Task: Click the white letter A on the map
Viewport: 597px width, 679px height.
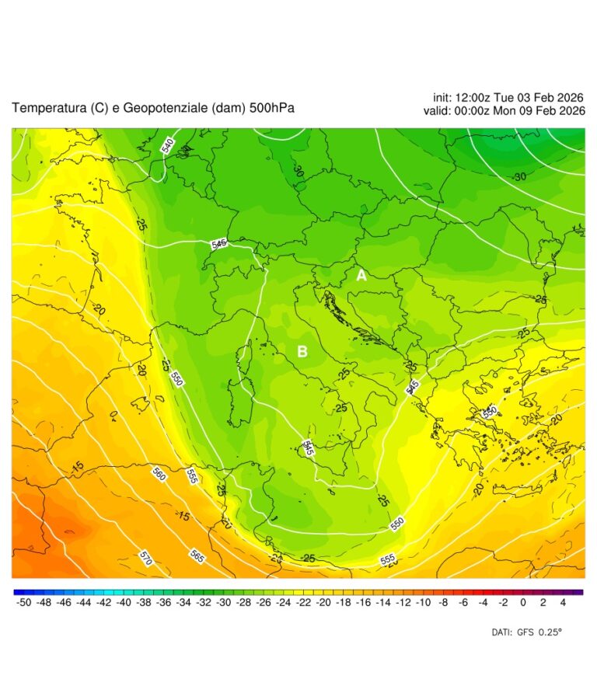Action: pyautogui.click(x=361, y=275)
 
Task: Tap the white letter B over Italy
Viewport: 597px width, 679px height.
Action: pyautogui.click(x=302, y=352)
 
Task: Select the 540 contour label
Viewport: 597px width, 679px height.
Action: pyautogui.click(x=167, y=145)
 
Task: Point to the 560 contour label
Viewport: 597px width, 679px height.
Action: pyautogui.click(x=159, y=473)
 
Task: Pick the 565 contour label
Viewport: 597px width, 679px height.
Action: pyautogui.click(x=197, y=556)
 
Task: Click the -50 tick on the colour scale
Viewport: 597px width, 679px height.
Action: pyautogui.click(x=23, y=601)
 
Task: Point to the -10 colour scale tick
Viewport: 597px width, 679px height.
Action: pyautogui.click(x=424, y=601)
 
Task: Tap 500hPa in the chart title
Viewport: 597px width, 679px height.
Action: pyautogui.click(x=272, y=108)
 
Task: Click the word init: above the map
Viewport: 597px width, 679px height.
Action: pyautogui.click(x=445, y=97)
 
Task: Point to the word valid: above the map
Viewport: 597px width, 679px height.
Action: pyautogui.click(x=438, y=111)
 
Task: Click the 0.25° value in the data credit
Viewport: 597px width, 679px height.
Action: pyautogui.click(x=550, y=632)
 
